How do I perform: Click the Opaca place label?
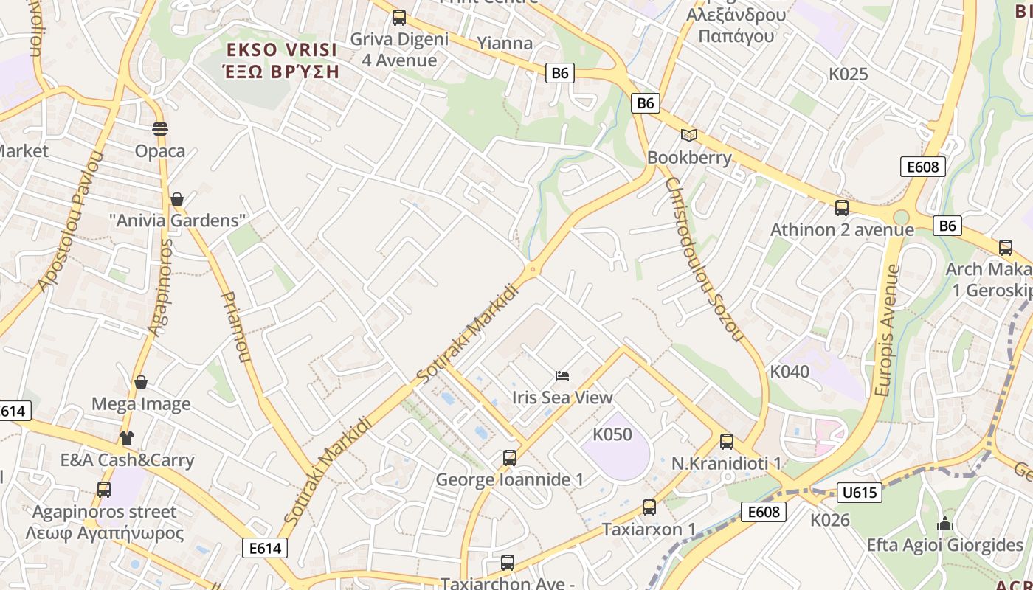(160, 151)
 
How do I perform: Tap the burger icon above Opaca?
(160, 129)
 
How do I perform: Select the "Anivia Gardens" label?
(177, 221)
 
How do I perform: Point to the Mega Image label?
(141, 404)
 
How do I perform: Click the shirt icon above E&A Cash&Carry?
(127, 438)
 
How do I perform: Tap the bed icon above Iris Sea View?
(562, 376)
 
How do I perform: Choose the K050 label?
(612, 434)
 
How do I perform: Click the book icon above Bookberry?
(689, 135)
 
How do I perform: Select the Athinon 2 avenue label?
(842, 230)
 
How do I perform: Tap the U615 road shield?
(860, 492)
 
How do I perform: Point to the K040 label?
(790, 372)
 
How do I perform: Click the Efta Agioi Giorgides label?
(945, 546)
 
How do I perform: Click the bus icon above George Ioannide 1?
(509, 458)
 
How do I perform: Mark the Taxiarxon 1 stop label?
(649, 530)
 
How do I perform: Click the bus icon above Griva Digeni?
(399, 18)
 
